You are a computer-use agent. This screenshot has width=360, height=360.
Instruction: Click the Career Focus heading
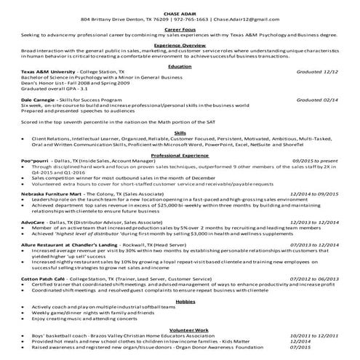click(x=180, y=27)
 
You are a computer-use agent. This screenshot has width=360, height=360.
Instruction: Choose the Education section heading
click(x=180, y=66)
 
